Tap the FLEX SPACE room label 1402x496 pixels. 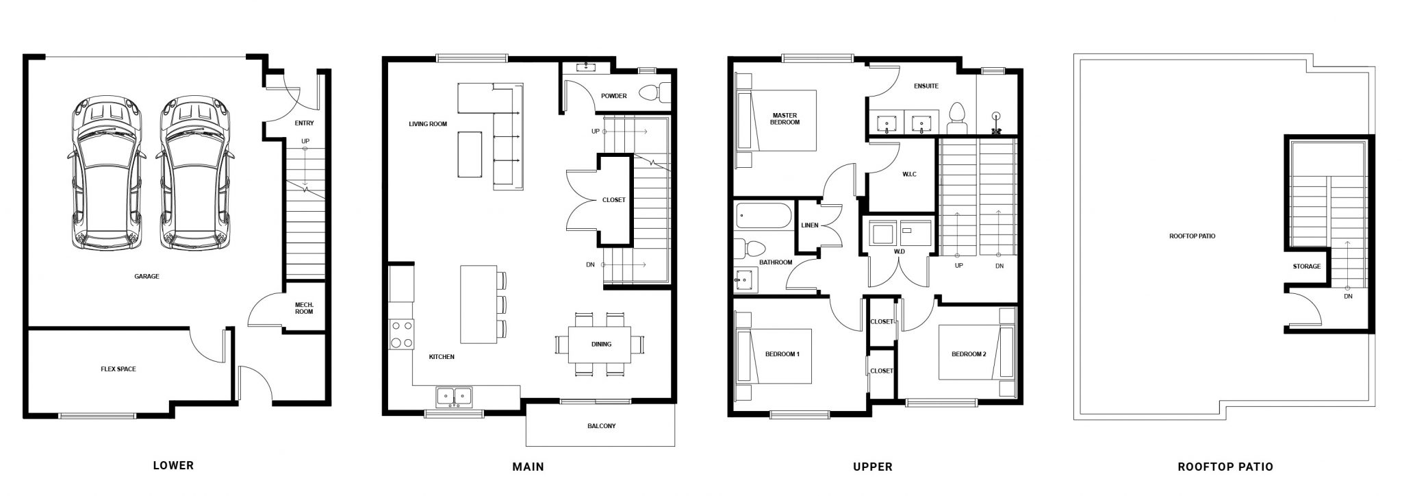(x=118, y=369)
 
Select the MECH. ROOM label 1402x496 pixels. (x=304, y=308)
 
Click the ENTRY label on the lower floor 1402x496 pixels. (x=304, y=123)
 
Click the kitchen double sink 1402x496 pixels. (x=454, y=396)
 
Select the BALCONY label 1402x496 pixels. (x=601, y=426)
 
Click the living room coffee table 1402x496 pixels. (x=470, y=153)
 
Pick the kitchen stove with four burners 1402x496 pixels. (x=401, y=334)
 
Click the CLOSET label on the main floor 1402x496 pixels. (x=613, y=200)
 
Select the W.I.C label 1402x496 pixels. (x=909, y=174)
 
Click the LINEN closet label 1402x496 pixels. (x=810, y=225)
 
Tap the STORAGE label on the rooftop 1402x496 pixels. (x=1307, y=266)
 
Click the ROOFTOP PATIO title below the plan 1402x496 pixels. (x=1225, y=467)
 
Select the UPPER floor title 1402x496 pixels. (x=873, y=467)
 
